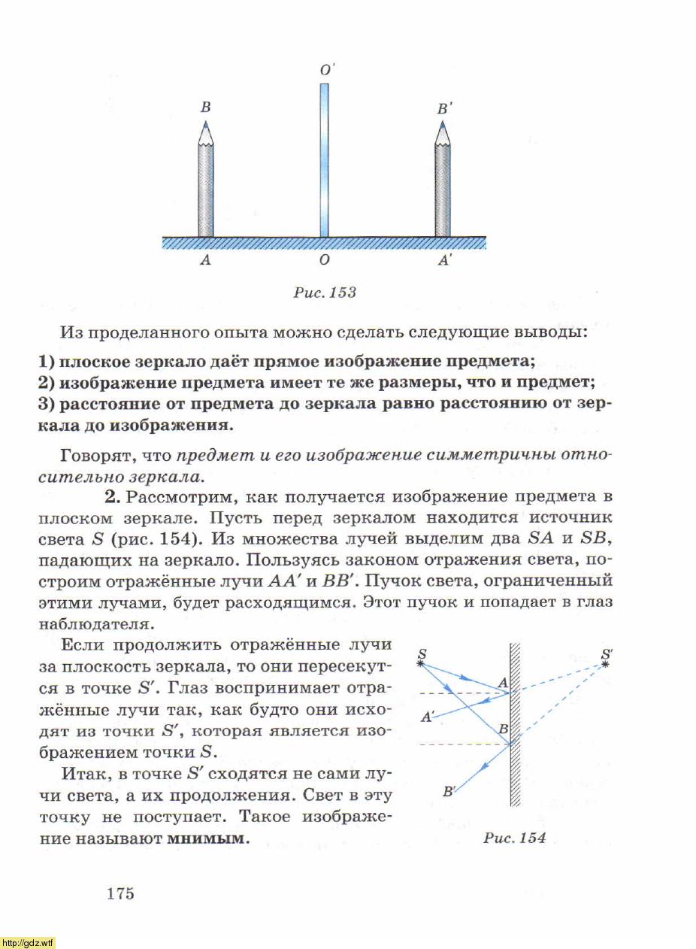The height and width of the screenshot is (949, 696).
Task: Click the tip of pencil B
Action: (x=205, y=123)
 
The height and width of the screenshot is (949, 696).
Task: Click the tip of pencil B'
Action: (x=443, y=123)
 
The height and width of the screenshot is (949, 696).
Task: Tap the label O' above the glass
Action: (x=327, y=70)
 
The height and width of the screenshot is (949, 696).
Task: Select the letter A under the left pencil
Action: (x=204, y=261)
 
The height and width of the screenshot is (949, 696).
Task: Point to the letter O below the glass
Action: (x=324, y=261)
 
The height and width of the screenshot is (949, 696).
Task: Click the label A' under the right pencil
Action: (x=445, y=261)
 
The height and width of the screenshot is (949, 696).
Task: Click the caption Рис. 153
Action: (x=325, y=293)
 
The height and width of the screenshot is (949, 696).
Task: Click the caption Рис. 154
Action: (x=515, y=838)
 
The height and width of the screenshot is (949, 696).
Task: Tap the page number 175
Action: (x=120, y=893)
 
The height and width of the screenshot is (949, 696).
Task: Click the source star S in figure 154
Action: (x=421, y=662)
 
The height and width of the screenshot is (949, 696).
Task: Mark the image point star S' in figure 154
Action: (x=606, y=663)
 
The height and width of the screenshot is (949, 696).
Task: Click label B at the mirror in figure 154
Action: (x=503, y=729)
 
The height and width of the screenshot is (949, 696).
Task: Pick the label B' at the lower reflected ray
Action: (x=449, y=790)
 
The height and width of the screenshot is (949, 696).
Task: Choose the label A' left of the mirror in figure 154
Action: (x=427, y=717)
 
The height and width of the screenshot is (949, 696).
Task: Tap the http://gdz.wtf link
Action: (x=28, y=943)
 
